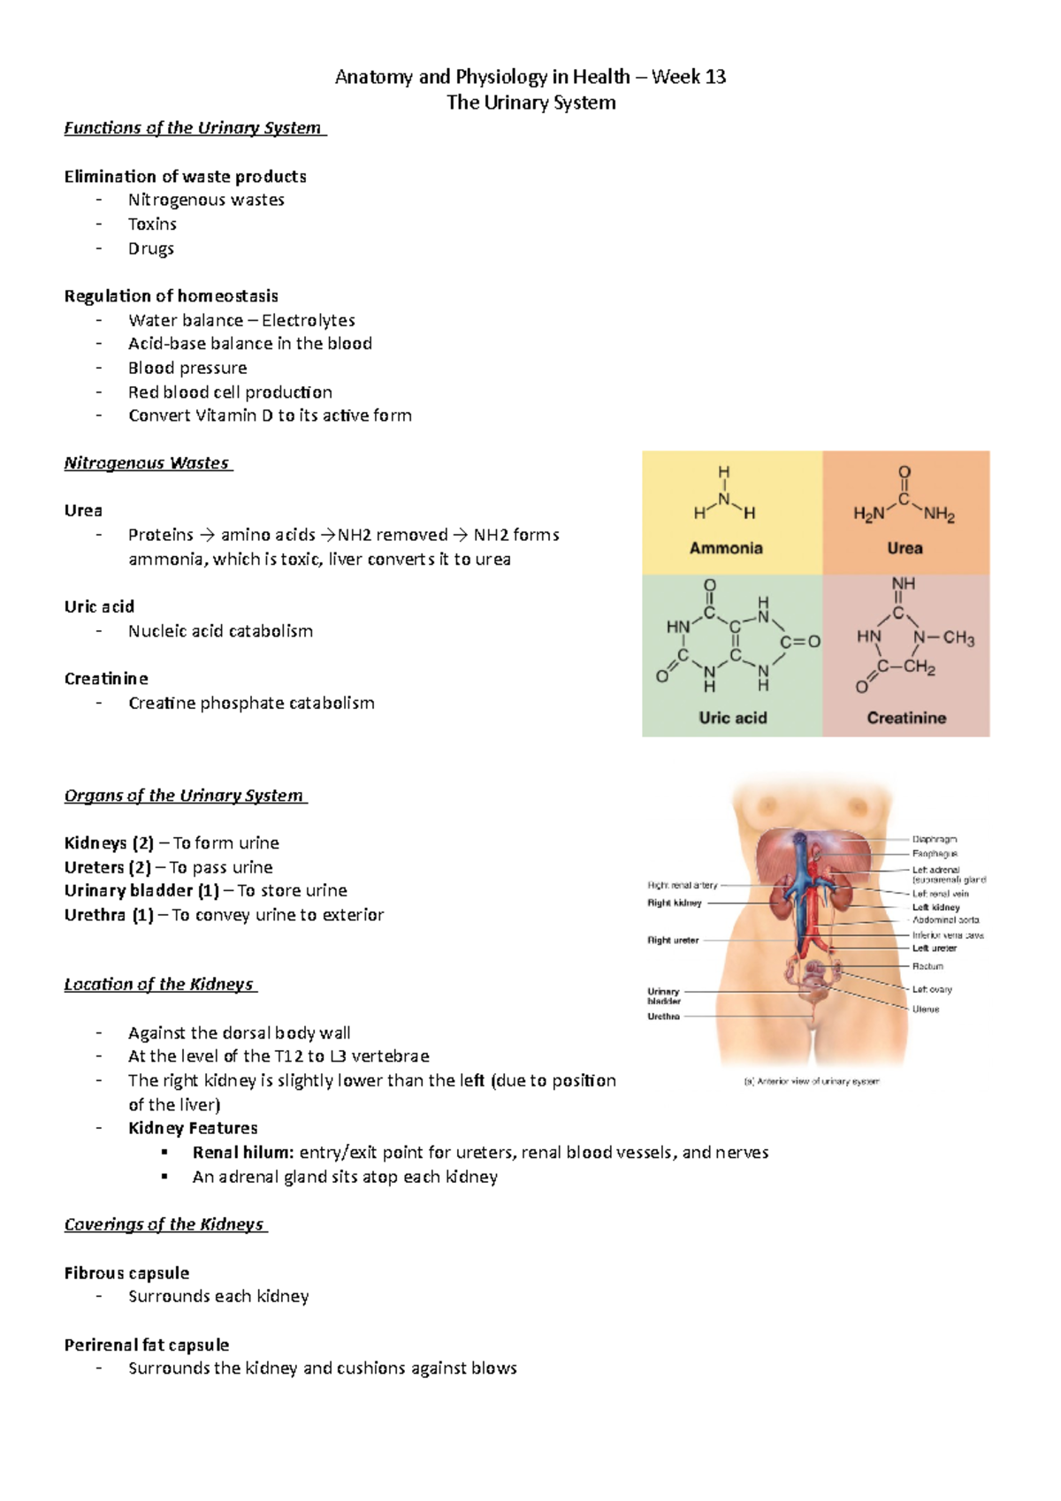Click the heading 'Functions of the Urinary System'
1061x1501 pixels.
(194, 127)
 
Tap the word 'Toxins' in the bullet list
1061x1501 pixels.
(152, 224)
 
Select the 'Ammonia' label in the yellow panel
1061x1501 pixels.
(726, 548)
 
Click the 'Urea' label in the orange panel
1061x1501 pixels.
(905, 548)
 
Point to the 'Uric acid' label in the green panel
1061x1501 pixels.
(732, 718)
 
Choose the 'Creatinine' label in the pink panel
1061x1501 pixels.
(906, 718)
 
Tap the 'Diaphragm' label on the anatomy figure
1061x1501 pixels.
(935, 839)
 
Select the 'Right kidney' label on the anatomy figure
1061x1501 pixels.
(675, 903)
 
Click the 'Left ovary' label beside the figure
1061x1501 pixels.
(932, 989)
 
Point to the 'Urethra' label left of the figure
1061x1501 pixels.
(663, 1017)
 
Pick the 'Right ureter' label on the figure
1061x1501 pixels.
(673, 941)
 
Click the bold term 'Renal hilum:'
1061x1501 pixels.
(243, 1152)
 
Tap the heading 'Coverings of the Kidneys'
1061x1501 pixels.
(164, 1224)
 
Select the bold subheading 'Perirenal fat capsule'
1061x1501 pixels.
(147, 1345)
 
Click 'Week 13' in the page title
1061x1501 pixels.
(689, 77)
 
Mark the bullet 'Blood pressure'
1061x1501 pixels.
(187, 368)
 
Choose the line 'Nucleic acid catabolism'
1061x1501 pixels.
(220, 631)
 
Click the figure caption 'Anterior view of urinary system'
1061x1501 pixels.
(813, 1081)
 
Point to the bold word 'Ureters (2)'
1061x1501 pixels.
(107, 867)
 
